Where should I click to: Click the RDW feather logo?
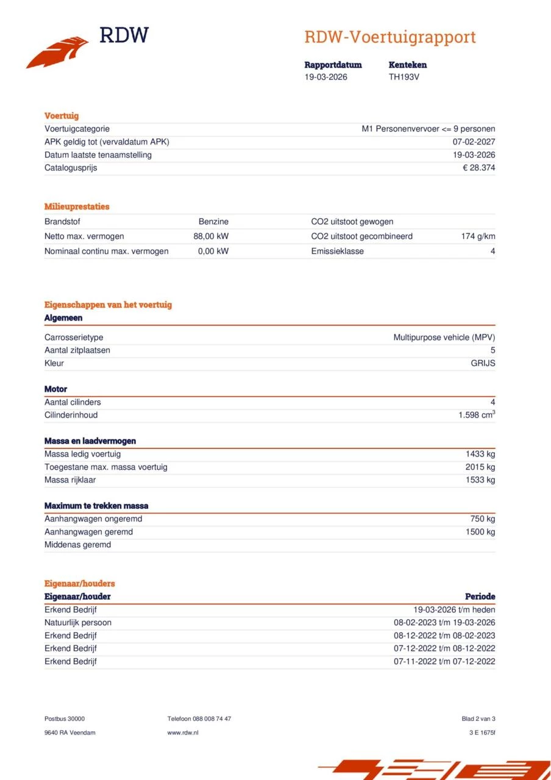[x=57, y=52]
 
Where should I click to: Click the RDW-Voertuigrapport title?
[x=390, y=37]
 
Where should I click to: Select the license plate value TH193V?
[x=404, y=77]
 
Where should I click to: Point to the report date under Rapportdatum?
[x=326, y=77]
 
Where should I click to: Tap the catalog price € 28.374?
[x=478, y=168]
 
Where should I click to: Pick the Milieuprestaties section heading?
[x=77, y=207]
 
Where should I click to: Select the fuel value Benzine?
[x=213, y=222]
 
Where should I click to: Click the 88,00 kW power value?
[x=211, y=236]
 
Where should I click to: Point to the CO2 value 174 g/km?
[x=478, y=236]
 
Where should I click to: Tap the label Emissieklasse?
[x=337, y=251]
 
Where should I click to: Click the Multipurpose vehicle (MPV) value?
[x=444, y=337]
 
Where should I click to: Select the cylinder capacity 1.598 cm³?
[x=477, y=415]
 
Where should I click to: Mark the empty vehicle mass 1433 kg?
[x=480, y=454]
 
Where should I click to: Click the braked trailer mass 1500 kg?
[x=480, y=532]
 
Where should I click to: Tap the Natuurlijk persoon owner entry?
[x=78, y=623]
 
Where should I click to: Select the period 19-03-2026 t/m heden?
[x=454, y=610]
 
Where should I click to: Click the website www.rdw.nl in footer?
[x=183, y=732]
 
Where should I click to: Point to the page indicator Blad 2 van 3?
[x=478, y=719]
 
